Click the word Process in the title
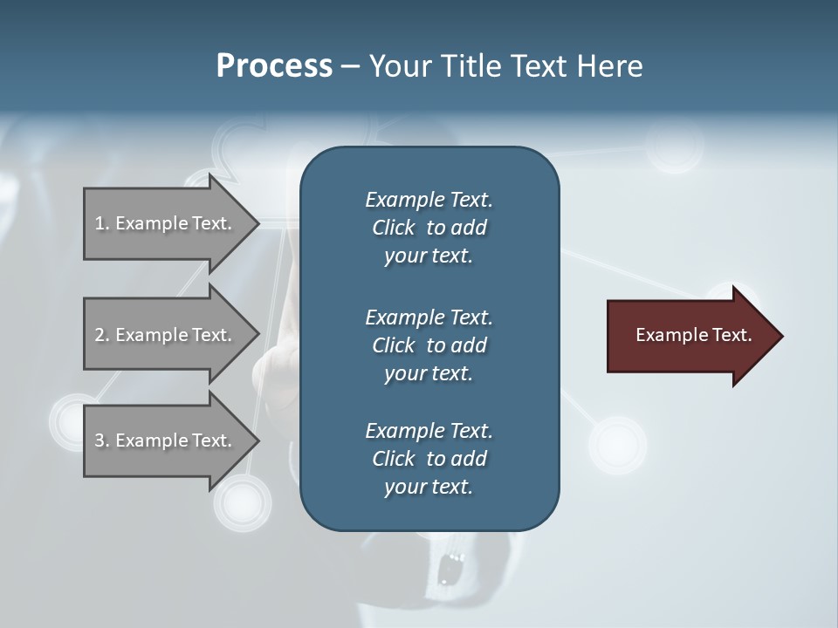coord(274,66)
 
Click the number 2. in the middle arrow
coord(102,335)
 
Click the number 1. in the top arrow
coord(102,223)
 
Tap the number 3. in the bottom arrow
coord(102,440)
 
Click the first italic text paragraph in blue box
coord(429,228)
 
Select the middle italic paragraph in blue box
coord(429,345)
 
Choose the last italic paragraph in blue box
coord(429,459)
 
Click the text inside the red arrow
coord(693,335)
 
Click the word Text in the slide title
coord(535,66)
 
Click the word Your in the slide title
coord(398,66)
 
